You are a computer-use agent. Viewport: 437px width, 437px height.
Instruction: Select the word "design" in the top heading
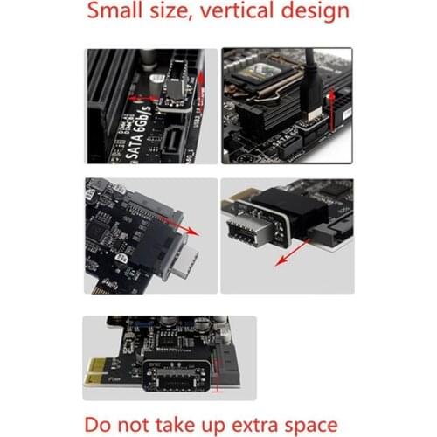pos(316,12)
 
